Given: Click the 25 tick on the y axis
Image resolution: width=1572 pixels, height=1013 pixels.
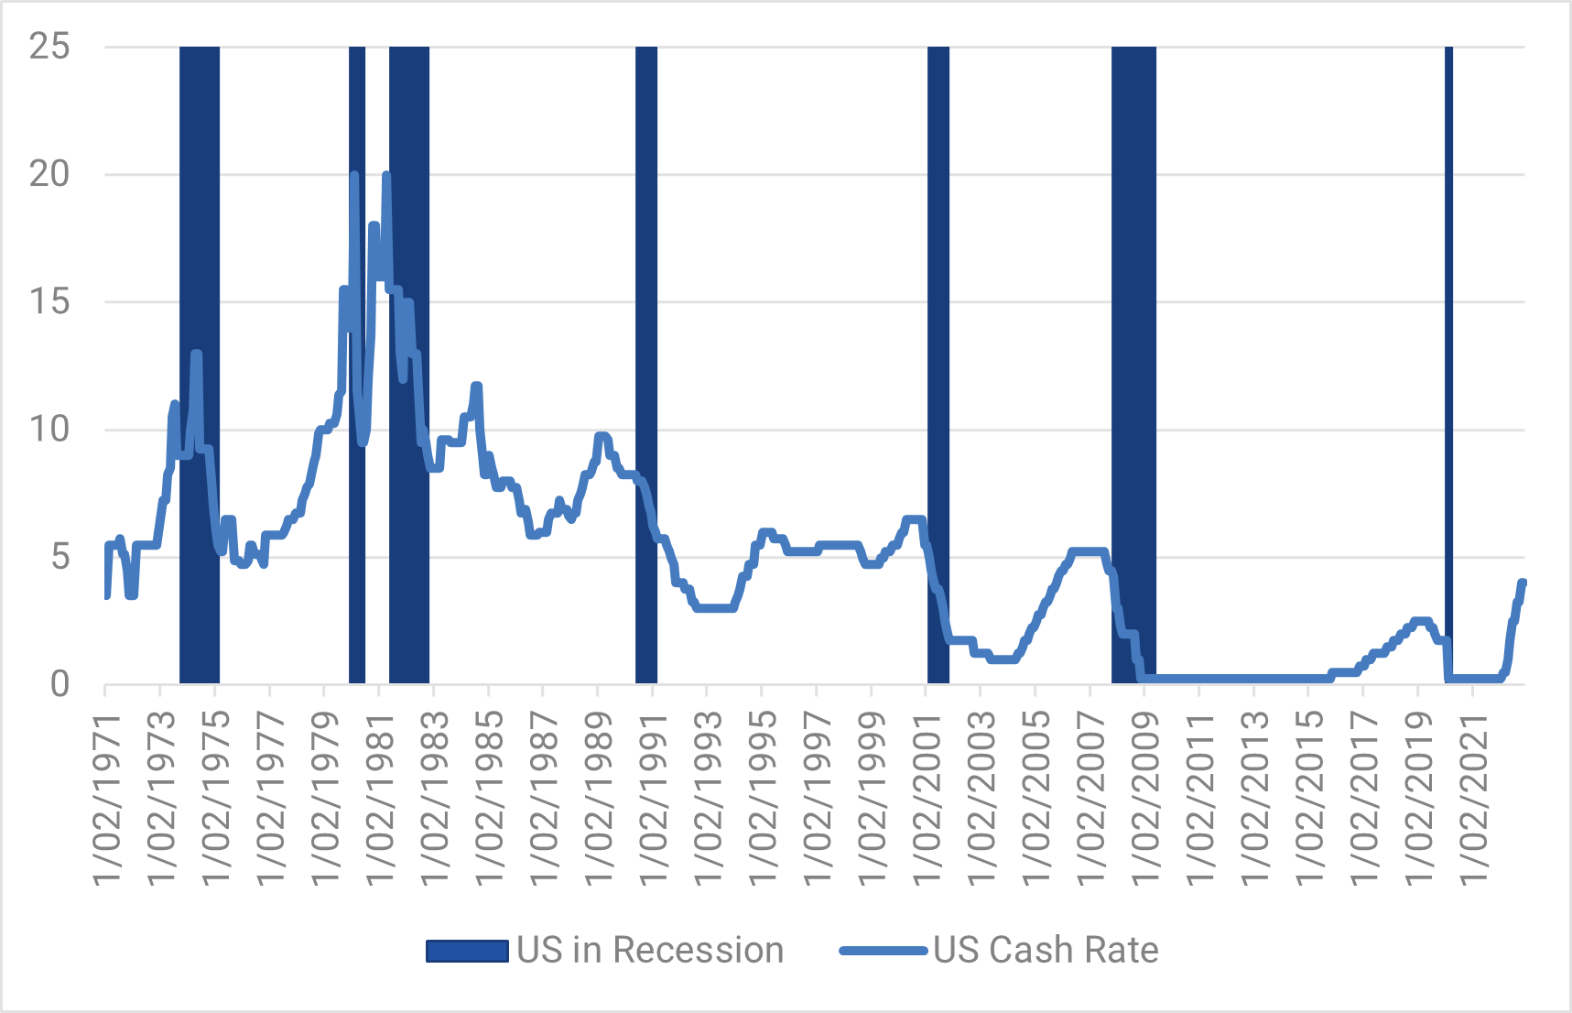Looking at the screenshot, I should tap(49, 47).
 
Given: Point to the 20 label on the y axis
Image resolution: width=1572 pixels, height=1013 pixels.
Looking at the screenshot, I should tap(49, 174).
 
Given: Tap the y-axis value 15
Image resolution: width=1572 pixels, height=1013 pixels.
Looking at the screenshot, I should tap(49, 301).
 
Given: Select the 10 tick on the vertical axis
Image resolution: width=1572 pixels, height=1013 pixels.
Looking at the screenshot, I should tap(49, 429).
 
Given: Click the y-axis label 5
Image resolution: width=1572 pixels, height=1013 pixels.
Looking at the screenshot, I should tap(60, 556).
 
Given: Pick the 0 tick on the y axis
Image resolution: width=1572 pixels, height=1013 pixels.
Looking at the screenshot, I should tap(60, 683).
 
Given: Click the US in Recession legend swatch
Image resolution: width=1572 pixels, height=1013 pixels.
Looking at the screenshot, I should tap(467, 951).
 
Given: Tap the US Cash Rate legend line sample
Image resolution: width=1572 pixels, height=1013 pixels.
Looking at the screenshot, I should tap(883, 951).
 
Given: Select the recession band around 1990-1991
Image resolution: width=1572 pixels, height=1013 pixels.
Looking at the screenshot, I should tap(646, 366).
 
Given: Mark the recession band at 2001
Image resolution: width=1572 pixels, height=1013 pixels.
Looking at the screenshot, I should tap(938, 366).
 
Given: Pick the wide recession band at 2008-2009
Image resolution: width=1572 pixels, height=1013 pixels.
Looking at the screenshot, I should tap(1133, 366).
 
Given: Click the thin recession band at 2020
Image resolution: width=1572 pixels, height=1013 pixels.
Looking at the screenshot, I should tap(1449, 366).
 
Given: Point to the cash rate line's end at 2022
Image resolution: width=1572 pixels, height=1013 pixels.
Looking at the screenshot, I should tap(1523, 583).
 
